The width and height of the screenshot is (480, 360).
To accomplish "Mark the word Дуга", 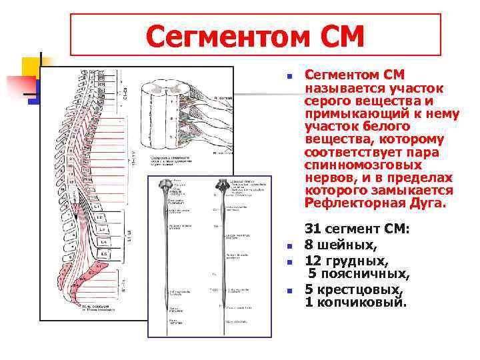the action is (x=427, y=204).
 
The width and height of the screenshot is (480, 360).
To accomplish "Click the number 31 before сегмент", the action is (x=313, y=230).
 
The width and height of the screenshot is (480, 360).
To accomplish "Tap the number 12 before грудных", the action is (x=313, y=260).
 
